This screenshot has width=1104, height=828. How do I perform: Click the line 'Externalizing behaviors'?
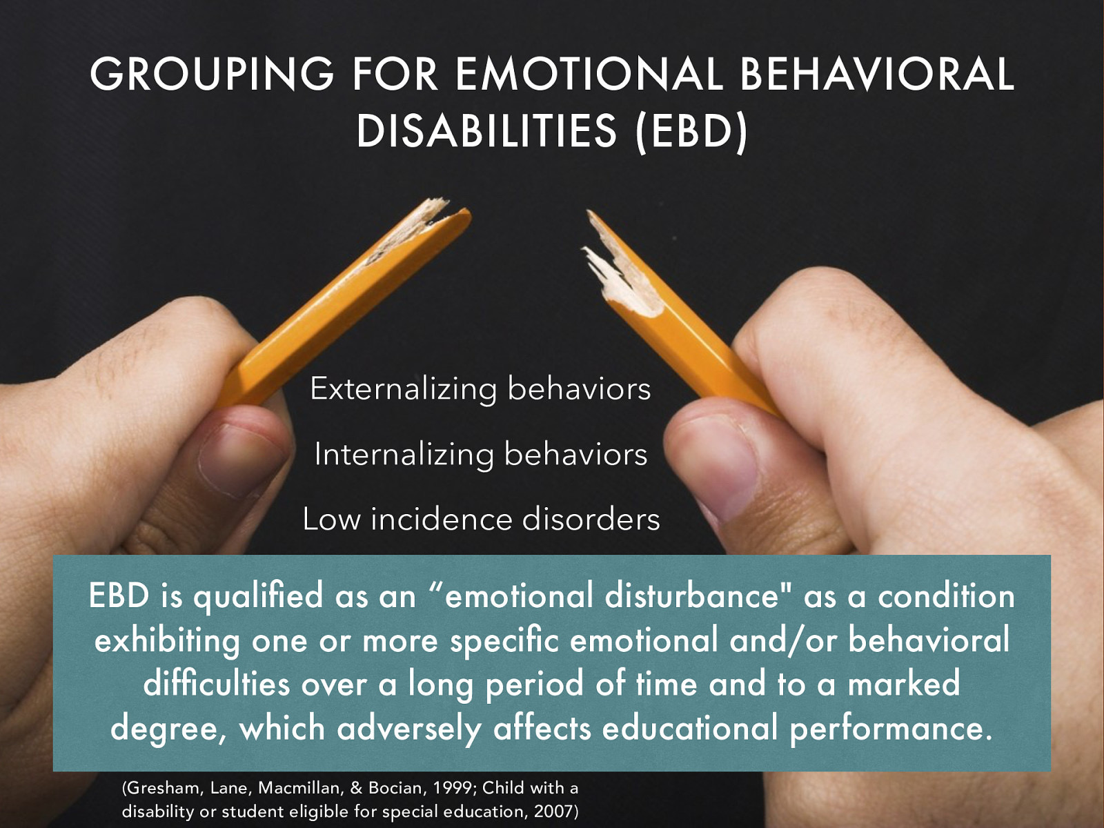pos(480,388)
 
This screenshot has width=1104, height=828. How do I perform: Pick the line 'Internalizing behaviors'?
pos(480,454)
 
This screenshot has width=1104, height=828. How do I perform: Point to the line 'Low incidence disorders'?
pos(481,519)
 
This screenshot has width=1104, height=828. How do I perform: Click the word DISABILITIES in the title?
pos(486,131)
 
